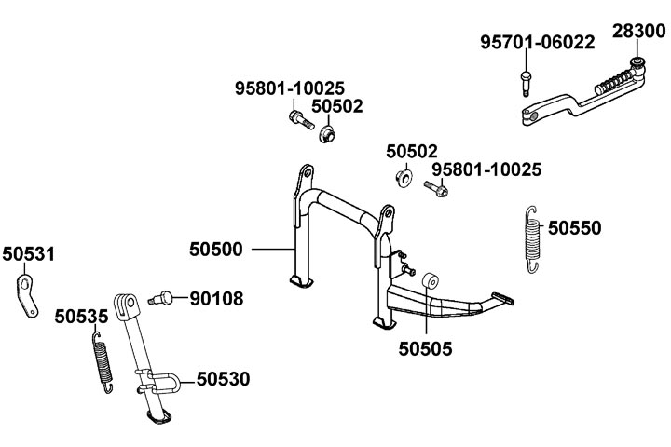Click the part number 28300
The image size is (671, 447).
(638, 31)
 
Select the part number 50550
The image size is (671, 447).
(574, 226)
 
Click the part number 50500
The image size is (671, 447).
(216, 249)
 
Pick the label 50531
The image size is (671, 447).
(28, 253)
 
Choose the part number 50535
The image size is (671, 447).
(81, 316)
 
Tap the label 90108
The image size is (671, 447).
(216, 299)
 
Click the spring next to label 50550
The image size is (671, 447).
(533, 240)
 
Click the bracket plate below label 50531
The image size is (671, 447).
(29, 293)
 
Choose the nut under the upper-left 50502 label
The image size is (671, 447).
(326, 136)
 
